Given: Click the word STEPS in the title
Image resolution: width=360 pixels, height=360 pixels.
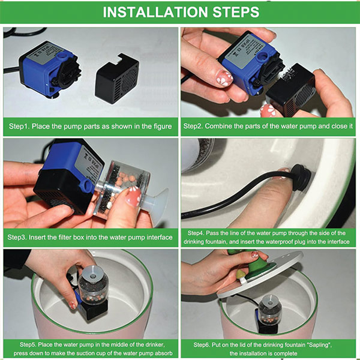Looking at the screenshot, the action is (236, 12).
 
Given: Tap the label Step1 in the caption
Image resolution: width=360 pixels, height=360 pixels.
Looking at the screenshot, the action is (19, 126).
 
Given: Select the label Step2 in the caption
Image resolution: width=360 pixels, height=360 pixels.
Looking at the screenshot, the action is (193, 126).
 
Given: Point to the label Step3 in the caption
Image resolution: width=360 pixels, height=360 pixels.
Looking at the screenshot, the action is (17, 237).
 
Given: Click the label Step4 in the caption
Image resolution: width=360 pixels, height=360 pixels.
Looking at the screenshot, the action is (196, 233).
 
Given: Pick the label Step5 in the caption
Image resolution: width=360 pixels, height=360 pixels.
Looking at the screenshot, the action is (28, 344).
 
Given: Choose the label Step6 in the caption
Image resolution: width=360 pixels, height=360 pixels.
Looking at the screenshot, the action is (202, 344).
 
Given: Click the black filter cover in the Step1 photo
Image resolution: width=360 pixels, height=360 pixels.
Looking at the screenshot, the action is (117, 79).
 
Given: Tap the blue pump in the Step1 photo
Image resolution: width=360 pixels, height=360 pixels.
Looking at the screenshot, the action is (49, 68).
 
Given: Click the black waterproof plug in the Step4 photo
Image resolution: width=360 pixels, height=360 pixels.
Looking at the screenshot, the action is (301, 177).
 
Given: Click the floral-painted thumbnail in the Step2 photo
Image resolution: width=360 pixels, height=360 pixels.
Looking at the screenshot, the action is (224, 78).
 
